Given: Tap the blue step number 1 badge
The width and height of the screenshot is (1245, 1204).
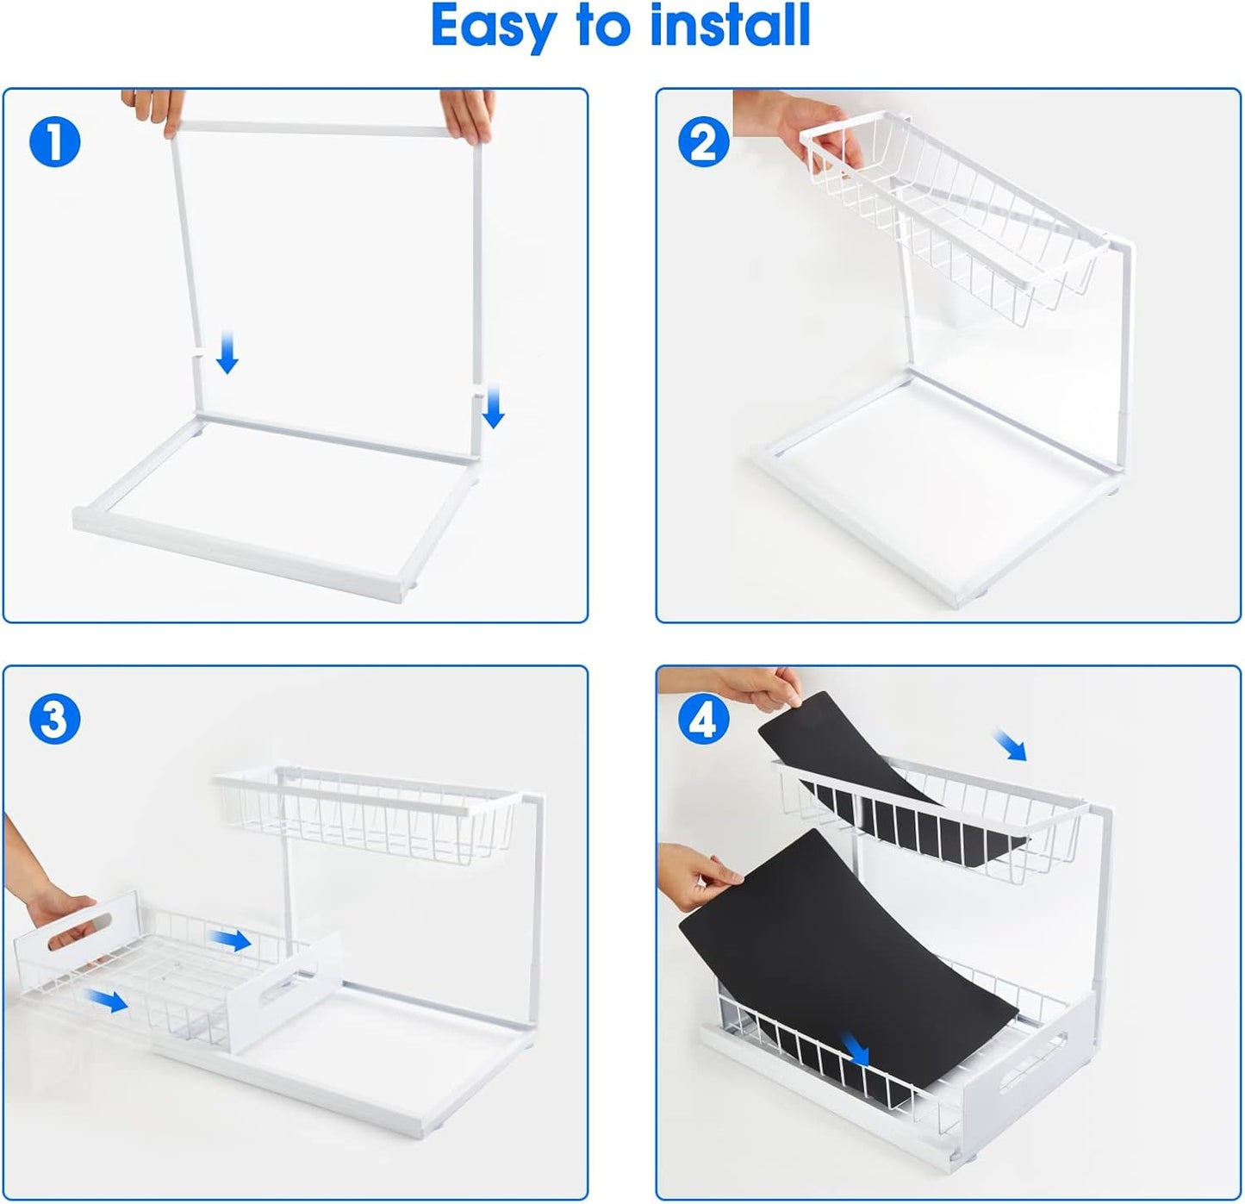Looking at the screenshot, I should point(54,142).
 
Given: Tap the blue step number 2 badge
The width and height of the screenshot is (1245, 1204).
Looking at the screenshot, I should point(704,142).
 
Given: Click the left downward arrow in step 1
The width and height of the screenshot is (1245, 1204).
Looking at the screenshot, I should point(227,354).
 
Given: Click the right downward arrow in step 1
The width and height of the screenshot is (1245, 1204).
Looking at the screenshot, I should point(493,407).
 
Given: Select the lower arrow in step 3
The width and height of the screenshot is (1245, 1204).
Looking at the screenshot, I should point(107,1001).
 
